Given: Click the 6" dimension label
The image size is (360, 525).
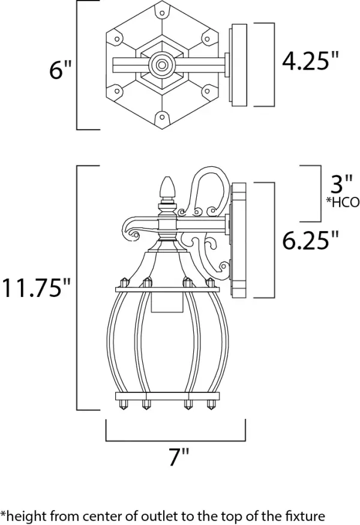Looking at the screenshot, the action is [61, 70].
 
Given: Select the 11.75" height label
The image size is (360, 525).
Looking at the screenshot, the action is [37, 287].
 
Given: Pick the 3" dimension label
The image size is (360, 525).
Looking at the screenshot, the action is [341, 184].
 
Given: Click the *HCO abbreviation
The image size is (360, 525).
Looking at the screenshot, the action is [342, 202].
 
